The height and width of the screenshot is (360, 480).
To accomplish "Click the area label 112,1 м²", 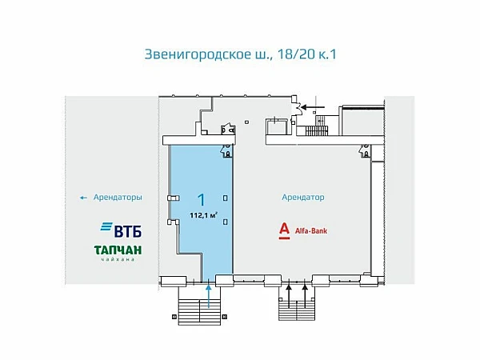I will pos(204,214).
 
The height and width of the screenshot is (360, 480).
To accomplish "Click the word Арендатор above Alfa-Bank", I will pos(302,197).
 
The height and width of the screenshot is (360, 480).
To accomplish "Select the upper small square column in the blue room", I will pos(226,198).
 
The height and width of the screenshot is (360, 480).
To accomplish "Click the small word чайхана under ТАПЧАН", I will pos(118,261).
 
